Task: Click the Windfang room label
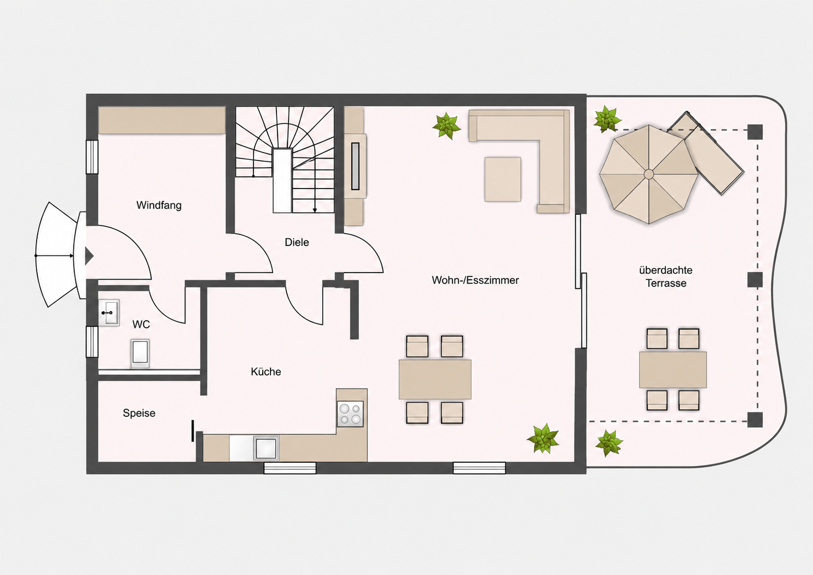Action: click(159, 205)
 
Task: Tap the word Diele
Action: click(297, 243)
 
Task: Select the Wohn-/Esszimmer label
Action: click(475, 280)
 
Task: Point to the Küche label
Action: click(266, 372)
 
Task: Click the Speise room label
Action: click(139, 413)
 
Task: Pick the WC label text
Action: click(141, 324)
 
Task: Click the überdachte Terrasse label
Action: click(666, 276)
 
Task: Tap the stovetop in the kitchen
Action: click(350, 414)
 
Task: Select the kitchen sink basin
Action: click(266, 449)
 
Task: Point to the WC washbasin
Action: click(109, 312)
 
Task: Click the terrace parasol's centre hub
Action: click(648, 174)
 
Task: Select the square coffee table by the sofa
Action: click(503, 179)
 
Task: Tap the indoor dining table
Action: click(435, 379)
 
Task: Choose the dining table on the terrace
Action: click(673, 370)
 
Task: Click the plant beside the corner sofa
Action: click(447, 126)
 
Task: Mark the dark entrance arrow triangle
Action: click(89, 256)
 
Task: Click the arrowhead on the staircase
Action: click(315, 210)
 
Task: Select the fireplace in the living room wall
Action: click(356, 166)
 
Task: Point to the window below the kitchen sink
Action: click(290, 468)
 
